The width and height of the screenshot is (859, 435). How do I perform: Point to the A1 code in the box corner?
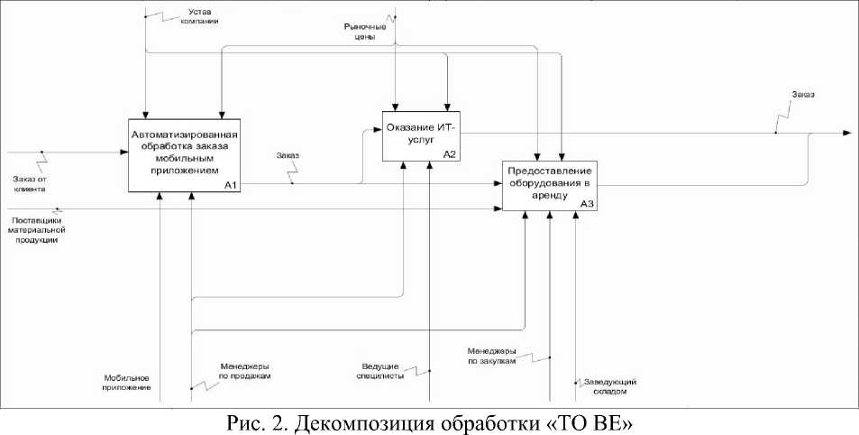point(230,185)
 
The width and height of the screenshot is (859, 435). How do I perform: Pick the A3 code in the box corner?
point(587,204)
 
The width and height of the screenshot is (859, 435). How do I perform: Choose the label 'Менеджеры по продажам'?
point(246,371)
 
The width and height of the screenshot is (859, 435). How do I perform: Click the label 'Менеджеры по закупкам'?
point(491,356)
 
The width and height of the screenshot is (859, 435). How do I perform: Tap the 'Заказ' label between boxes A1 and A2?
point(289,157)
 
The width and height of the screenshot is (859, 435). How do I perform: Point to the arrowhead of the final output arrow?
point(846,133)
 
